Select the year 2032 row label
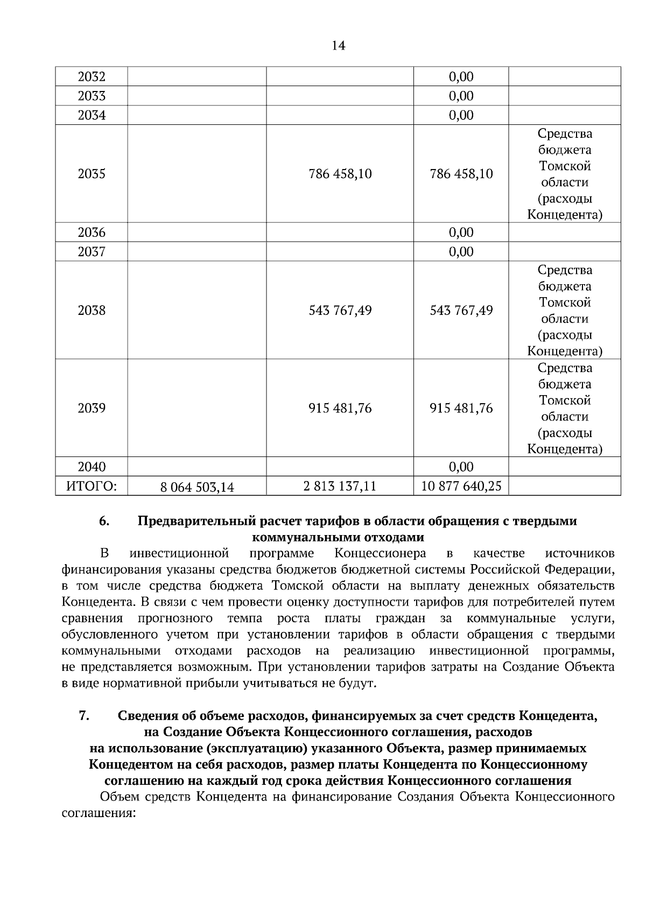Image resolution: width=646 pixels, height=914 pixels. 92,76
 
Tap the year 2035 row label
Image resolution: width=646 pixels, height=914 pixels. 92,174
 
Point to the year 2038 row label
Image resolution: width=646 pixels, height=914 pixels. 92,310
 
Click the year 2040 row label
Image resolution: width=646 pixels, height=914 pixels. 92,467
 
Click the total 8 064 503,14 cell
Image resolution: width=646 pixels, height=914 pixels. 197,487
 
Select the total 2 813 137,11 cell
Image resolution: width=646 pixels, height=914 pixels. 340,487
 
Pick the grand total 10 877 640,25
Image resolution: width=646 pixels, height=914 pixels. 461,487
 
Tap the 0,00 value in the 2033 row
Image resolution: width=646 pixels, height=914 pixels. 461,96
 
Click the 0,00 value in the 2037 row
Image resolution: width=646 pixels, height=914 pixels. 461,252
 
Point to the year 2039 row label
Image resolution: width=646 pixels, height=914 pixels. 92,408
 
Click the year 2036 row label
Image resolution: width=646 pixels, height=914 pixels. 92,233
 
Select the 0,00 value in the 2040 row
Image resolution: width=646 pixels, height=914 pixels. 461,467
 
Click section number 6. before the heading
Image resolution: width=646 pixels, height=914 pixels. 104,521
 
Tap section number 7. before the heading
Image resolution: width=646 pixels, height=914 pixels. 84,716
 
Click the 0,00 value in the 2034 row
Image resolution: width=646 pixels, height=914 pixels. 461,115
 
